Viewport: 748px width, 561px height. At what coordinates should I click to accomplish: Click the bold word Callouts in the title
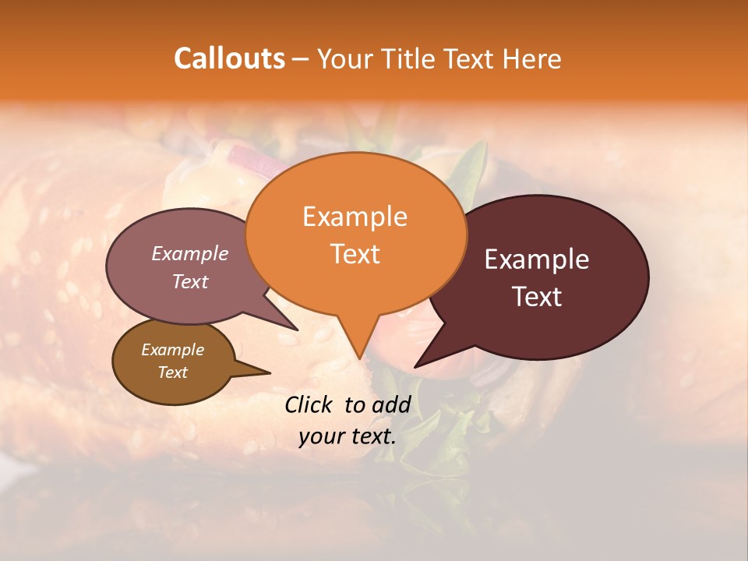[x=229, y=58]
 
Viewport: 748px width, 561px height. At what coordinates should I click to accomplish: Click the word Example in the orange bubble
[x=355, y=217]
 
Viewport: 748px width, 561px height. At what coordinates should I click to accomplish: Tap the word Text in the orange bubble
[x=355, y=254]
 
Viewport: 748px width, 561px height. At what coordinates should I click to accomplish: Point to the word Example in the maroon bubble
[x=537, y=259]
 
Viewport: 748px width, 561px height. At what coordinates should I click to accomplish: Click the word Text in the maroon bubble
[x=537, y=297]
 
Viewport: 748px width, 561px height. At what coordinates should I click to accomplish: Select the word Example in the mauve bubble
[x=190, y=253]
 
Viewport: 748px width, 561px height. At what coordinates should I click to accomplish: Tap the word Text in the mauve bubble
[x=190, y=281]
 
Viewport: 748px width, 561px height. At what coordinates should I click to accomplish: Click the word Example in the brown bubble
[x=172, y=350]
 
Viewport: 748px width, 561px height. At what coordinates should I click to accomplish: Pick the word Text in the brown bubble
[x=172, y=372]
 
